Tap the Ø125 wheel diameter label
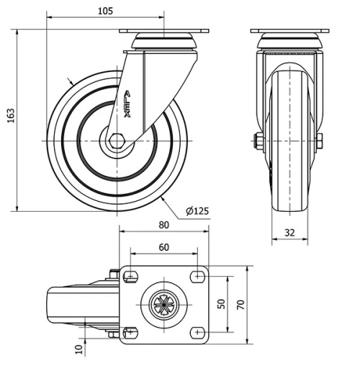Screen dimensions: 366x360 [197, 210]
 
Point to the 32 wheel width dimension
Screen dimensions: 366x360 [289, 233]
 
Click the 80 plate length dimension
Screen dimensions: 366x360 [164, 225]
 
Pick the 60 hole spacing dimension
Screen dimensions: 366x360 [164, 247]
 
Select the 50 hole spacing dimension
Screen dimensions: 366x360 [222, 304]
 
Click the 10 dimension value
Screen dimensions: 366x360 [78, 349]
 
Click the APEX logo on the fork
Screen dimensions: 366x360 [127, 102]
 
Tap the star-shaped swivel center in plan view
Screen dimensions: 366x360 [164, 304]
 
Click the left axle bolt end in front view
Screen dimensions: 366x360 [258, 141]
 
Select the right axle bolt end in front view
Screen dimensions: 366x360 [319, 141]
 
